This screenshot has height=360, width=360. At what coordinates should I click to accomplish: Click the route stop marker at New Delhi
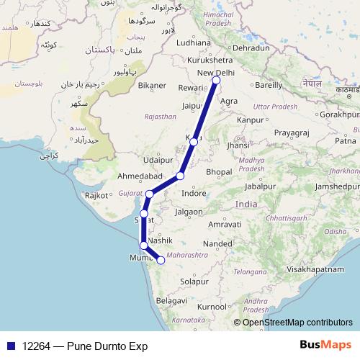pos(216,81)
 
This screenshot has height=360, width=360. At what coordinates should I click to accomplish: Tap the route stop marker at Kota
pos(194,142)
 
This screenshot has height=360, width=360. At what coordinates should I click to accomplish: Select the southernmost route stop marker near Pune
pos(161,261)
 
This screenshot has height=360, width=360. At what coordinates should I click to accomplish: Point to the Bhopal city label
pos(219,174)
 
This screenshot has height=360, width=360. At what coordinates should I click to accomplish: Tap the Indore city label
pos(194,194)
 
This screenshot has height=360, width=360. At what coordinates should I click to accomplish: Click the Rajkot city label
pos(96,195)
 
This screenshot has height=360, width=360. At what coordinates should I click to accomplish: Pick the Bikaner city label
pos(153,85)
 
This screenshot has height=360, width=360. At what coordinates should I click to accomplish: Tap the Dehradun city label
pos(251,48)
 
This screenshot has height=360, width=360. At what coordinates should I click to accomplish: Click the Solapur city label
pos(194,280)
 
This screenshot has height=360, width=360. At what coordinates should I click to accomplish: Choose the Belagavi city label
pos(171,299)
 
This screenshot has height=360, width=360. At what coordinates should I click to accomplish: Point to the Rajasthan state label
pos(160,116)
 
